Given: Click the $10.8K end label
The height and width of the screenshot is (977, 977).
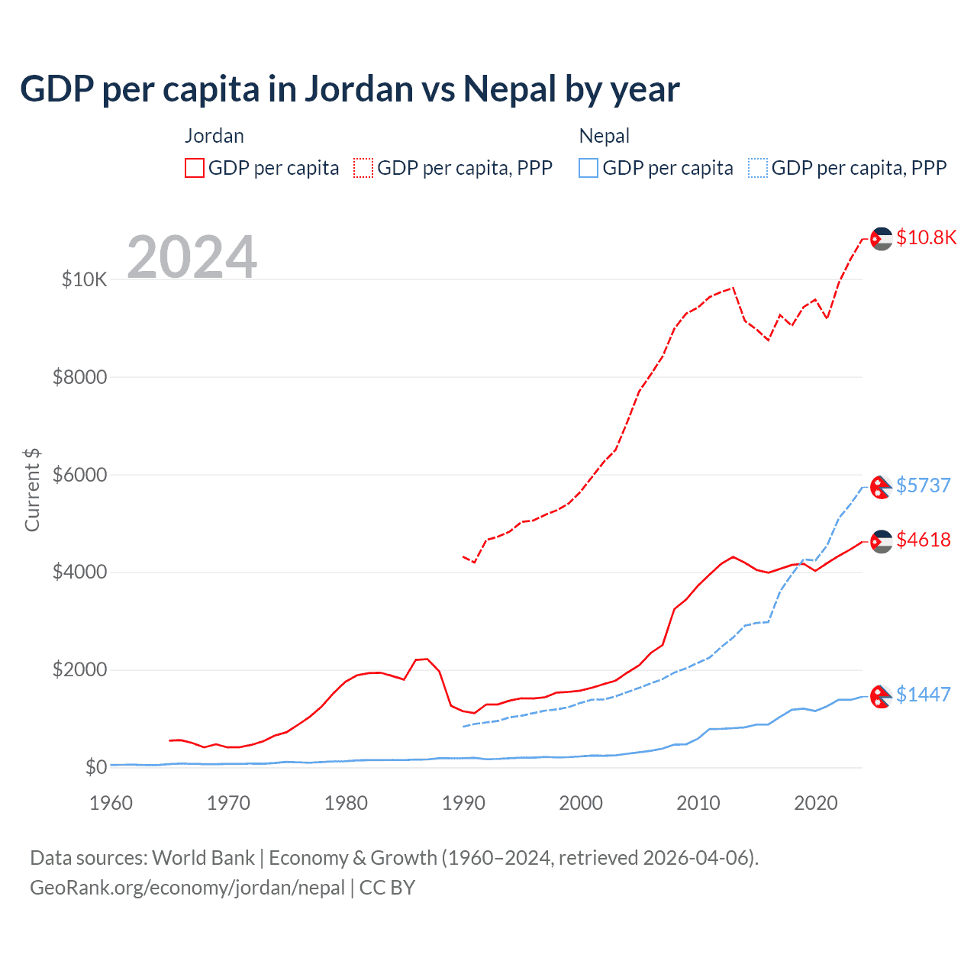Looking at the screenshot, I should point(926,237).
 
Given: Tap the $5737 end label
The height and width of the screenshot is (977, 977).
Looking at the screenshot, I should point(923,485).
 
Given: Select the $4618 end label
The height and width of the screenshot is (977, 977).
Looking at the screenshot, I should point(923,540).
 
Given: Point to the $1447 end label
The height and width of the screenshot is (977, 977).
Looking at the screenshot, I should point(923,695).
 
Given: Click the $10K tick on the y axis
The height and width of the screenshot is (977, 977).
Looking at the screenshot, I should point(84,279).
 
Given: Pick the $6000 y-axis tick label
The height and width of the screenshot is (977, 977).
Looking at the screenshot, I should point(79,475).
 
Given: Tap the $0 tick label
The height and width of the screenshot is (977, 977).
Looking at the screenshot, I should point(95,767).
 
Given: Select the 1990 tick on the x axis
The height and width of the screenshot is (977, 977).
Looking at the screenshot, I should point(463,803).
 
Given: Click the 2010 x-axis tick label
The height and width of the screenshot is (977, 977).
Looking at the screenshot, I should point(698,803).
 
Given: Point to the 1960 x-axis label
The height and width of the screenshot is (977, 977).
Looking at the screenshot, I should point(111,803).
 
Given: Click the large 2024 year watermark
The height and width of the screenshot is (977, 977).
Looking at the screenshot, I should point(192,257).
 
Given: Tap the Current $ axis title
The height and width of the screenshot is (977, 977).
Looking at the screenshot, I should point(32,490).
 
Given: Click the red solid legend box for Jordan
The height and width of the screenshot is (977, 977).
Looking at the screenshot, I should point(195,168).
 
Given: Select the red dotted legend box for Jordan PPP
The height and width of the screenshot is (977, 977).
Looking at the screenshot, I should point(363,168).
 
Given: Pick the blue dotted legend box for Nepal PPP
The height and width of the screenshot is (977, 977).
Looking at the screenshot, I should point(758,168).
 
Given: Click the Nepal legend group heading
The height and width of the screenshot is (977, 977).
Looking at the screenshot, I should point(604,136).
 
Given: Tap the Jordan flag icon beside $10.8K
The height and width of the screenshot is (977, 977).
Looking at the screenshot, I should point(882,238).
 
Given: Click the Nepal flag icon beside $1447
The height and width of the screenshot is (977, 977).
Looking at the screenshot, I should point(882,695).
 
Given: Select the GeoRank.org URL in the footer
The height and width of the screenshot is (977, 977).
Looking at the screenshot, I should point(187,888).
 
